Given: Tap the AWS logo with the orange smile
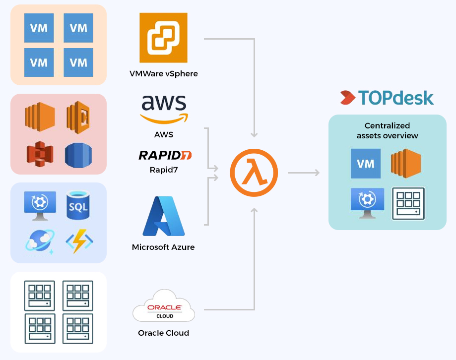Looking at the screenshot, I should click(x=164, y=109).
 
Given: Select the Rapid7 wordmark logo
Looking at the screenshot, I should click(x=165, y=155).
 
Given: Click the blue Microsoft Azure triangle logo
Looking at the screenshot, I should click(x=164, y=216).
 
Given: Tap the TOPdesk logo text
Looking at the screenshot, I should click(x=387, y=98).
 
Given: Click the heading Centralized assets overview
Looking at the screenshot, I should click(x=387, y=130).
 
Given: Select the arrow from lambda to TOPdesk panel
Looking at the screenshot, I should click(x=304, y=173).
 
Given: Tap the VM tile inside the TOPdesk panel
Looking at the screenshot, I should click(x=366, y=163).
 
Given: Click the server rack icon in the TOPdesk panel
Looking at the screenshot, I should click(x=408, y=203).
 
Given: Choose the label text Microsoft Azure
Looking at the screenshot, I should click(x=163, y=247).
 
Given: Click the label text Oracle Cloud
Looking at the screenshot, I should click(x=163, y=333).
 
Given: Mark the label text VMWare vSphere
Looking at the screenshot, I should click(x=163, y=74).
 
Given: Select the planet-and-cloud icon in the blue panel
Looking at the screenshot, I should click(x=39, y=241).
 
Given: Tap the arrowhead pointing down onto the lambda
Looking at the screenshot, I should click(x=255, y=134).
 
